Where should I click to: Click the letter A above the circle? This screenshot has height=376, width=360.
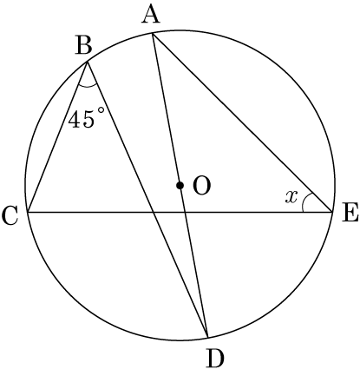tap(151, 15)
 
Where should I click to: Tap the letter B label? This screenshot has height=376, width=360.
tap(84, 46)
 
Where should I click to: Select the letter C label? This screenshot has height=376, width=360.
tap(10, 216)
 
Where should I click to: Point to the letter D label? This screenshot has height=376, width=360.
tap(215, 359)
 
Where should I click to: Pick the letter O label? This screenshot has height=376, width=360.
tap(202, 186)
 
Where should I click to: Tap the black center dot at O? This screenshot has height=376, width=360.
tap(180, 185)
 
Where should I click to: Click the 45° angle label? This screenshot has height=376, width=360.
tap(86, 117)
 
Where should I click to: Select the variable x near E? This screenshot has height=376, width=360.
tap(291, 197)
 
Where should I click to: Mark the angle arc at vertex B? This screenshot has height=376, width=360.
tap(88, 86)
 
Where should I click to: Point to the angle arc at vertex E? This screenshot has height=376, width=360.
tap(304, 201)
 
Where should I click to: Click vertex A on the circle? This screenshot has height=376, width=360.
tap(153, 34)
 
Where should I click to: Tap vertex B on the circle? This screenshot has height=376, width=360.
tap(87, 62)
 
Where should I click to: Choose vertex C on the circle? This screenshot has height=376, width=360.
tap(28, 212)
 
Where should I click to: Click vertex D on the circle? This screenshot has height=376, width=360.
tap(207, 337)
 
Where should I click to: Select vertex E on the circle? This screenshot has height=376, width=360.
tap(332, 212)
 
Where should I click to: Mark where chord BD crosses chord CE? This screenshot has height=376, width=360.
tap(153, 212)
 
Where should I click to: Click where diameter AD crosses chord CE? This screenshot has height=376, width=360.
tap(185, 212)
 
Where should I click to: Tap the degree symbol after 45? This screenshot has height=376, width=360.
tap(100, 110)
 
